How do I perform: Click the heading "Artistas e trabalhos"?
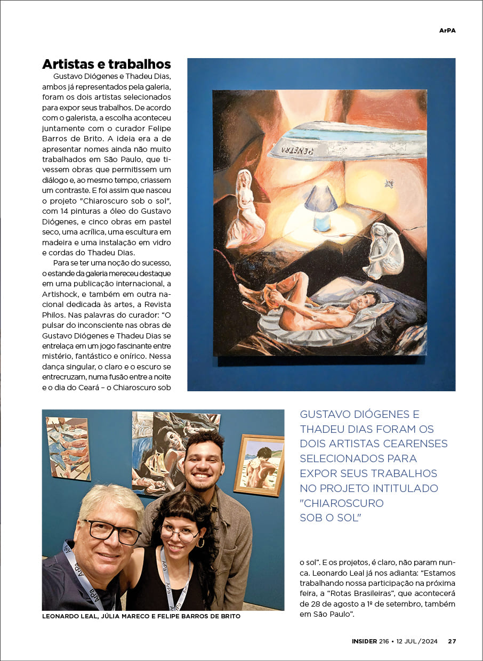click(106, 65)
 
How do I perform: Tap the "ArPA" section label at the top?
click(447, 30)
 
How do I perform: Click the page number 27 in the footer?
click(452, 641)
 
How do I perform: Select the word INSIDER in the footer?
click(365, 641)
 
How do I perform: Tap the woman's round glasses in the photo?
click(179, 534)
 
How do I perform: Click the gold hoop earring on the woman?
click(202, 543)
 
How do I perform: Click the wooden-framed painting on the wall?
click(259, 464)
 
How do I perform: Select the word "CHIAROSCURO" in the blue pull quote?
click(342, 503)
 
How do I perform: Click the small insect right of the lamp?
click(388, 184)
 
